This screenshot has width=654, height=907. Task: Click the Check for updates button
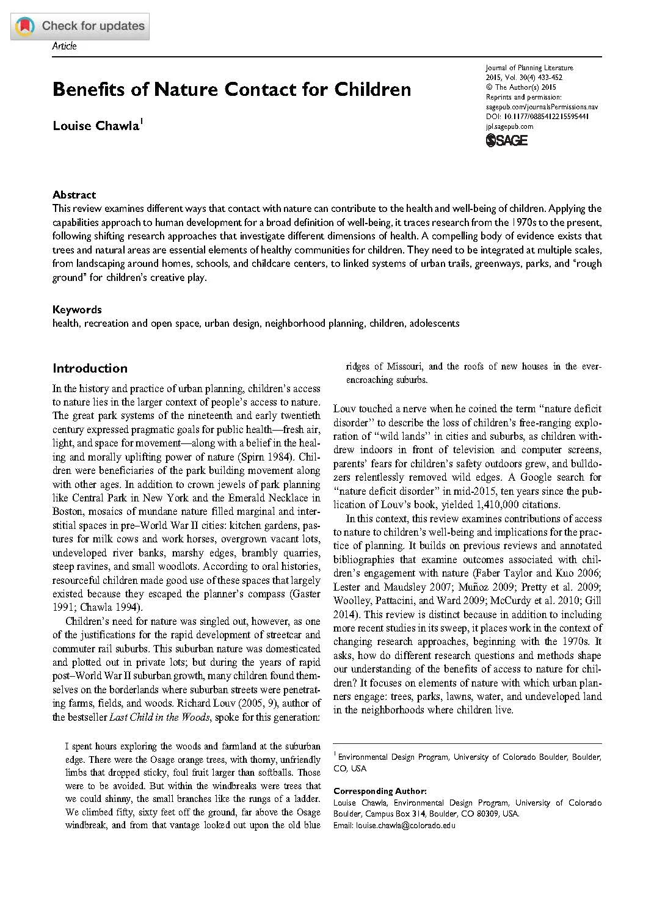point(80,26)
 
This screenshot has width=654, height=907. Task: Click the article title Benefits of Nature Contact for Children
point(231,89)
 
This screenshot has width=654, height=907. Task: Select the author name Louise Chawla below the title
point(96,126)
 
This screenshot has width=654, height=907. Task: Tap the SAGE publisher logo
point(506,140)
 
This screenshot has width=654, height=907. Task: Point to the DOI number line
point(537,117)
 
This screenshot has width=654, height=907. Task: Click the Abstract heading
point(74,195)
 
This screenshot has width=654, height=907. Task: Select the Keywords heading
point(77,310)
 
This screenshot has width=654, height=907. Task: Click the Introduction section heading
point(90,368)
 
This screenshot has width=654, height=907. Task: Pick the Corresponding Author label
point(380,791)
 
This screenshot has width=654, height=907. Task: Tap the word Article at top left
point(64,46)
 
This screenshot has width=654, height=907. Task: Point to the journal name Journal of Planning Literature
point(529,68)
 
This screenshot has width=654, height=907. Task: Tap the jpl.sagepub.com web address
point(509,126)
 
